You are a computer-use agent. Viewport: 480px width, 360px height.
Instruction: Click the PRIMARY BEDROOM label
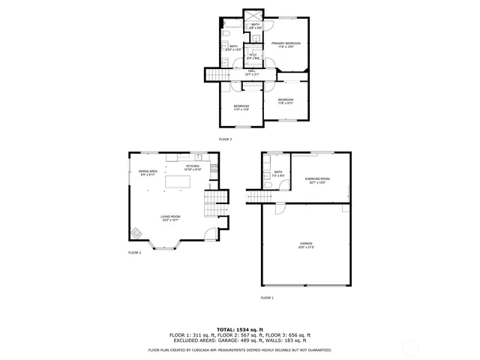click(286, 44)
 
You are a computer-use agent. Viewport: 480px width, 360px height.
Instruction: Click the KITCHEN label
click(193, 167)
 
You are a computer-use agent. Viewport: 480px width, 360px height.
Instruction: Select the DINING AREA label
click(148, 172)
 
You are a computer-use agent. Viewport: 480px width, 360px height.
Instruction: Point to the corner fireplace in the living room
click(136, 232)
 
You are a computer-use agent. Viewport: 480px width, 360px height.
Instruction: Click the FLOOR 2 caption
click(134, 253)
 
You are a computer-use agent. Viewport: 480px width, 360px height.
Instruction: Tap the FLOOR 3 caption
click(225, 139)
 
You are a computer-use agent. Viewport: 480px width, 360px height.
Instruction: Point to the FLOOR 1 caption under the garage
click(267, 298)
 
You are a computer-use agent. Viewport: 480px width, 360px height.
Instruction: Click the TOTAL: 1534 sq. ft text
click(240, 329)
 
